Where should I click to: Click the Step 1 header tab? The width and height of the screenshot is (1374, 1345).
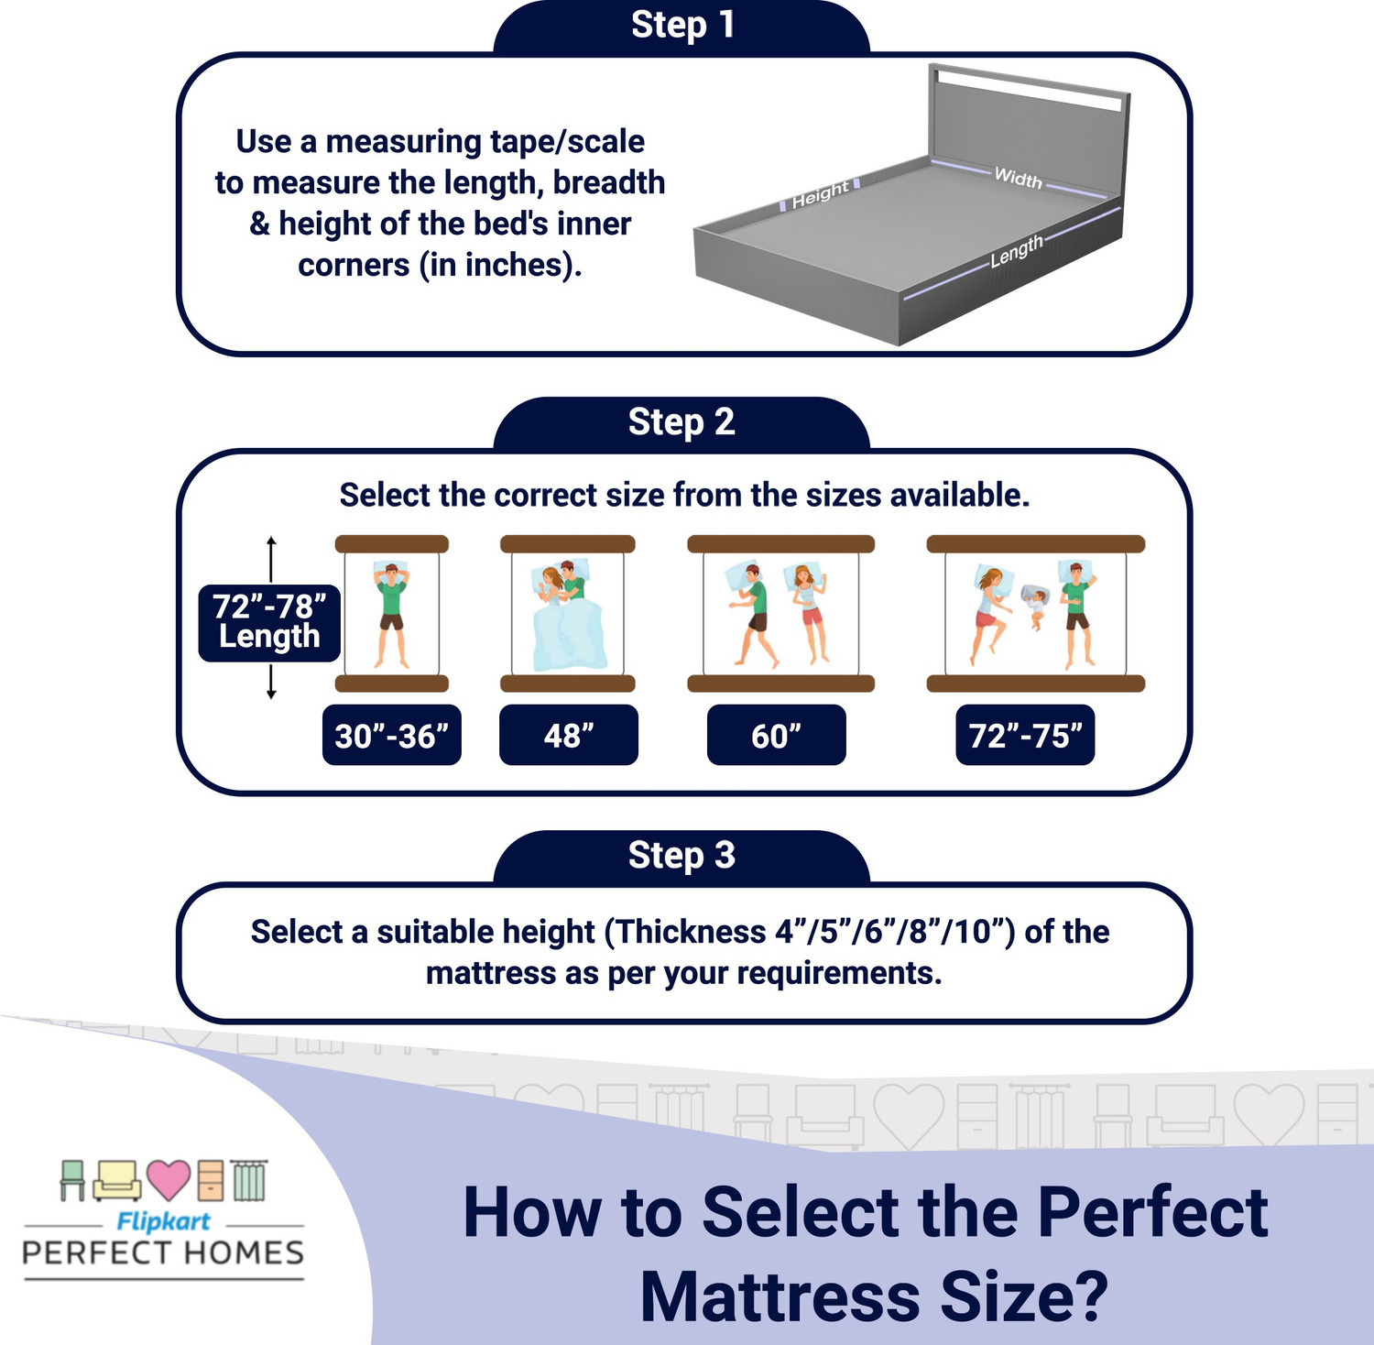(x=682, y=27)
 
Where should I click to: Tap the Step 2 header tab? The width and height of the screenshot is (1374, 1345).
(x=682, y=422)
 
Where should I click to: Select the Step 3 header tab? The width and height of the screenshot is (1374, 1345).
(x=682, y=856)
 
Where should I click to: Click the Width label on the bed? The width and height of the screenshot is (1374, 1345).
(x=1019, y=178)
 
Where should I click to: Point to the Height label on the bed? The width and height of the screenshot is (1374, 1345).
(x=820, y=194)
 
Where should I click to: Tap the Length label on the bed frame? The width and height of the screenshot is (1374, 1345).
(x=1016, y=251)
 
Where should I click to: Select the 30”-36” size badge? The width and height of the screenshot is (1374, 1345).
(x=392, y=736)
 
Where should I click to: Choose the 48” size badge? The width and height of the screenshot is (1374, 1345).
(x=569, y=736)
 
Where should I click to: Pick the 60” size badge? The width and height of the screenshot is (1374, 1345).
(x=777, y=736)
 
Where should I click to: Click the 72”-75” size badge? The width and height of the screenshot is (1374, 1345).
(x=1025, y=736)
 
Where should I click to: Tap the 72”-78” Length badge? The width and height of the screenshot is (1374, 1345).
(x=269, y=622)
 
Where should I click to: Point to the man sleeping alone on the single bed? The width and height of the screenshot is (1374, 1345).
(x=392, y=614)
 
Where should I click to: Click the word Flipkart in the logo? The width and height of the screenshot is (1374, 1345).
(x=163, y=1221)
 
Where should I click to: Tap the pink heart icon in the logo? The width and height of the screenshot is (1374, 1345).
(x=169, y=1179)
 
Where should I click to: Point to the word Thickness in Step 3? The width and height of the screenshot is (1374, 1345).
(x=691, y=932)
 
